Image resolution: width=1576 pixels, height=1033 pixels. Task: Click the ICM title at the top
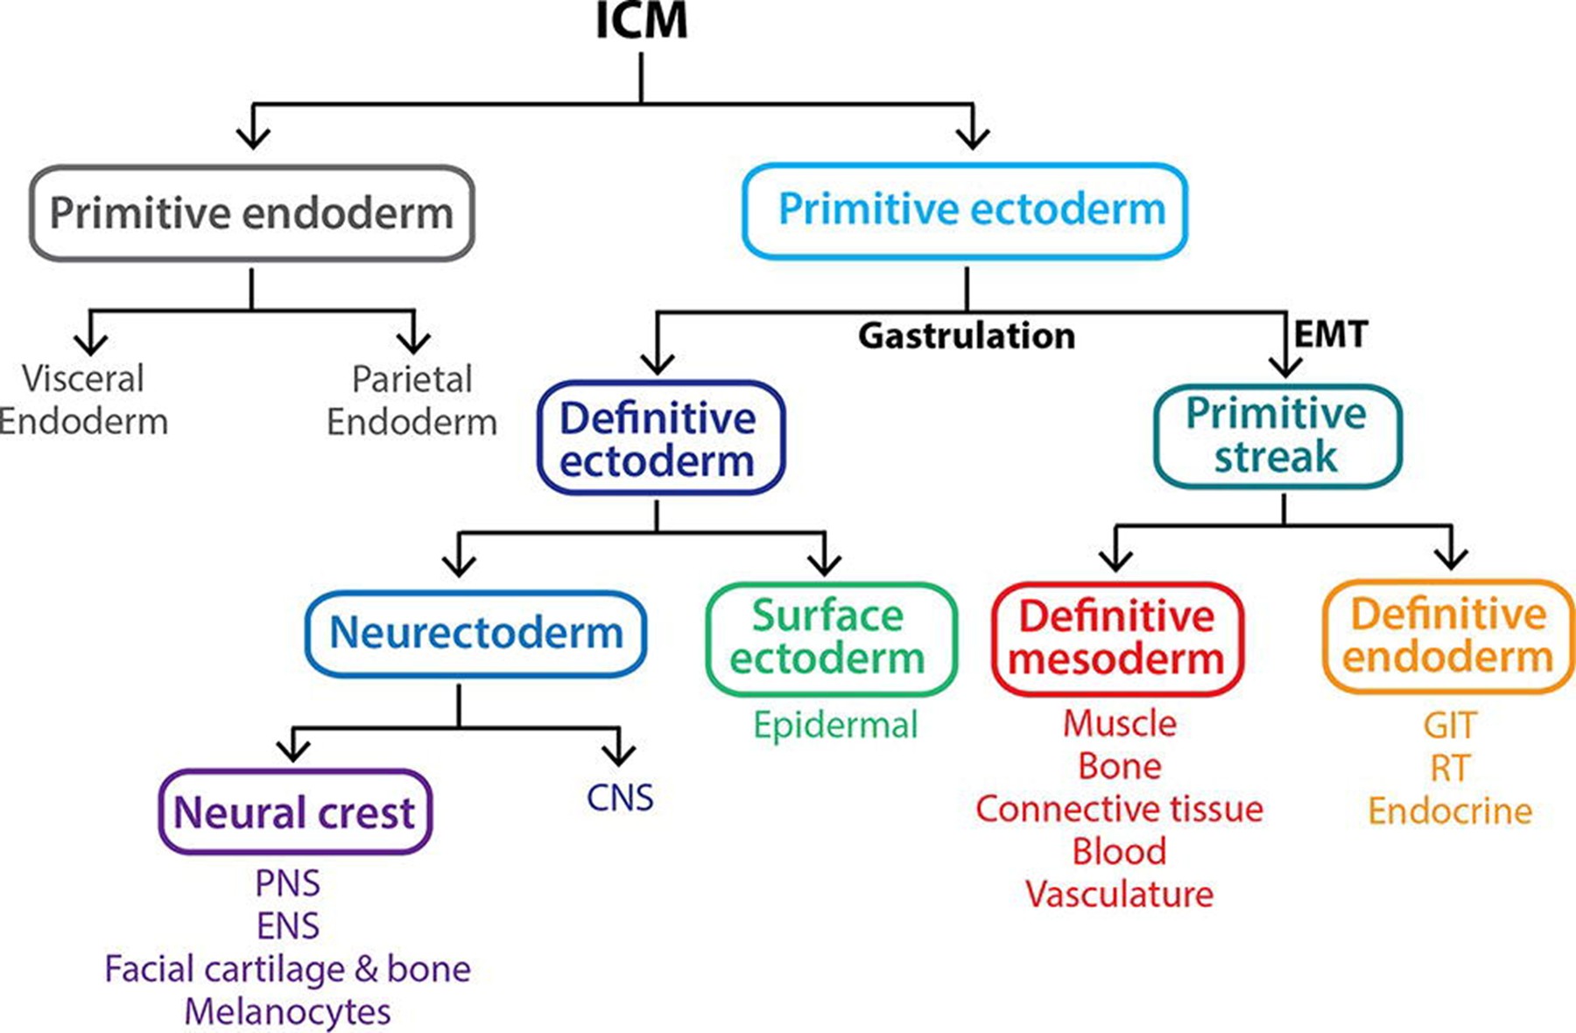coord(642,21)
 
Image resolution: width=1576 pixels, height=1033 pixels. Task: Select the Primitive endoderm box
coord(252,213)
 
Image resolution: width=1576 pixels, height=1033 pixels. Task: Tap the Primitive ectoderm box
coord(965,210)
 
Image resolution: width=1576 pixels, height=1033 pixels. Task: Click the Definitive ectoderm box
coord(661,438)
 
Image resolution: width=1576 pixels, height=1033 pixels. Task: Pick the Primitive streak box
coord(1277,435)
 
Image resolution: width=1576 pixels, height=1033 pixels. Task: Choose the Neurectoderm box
coord(475,633)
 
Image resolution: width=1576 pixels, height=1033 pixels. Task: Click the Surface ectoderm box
coord(831,638)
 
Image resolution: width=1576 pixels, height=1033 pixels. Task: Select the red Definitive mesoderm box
coord(1118,638)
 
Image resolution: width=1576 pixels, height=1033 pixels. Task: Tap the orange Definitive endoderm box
coord(1449,636)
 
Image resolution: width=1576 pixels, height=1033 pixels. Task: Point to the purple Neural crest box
coord(295,812)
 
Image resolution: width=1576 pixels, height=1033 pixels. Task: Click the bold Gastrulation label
coord(967,335)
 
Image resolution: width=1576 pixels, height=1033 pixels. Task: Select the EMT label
coord(1331,334)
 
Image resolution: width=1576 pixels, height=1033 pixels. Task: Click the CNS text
coord(620,798)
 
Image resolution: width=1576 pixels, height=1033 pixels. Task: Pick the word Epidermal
coord(835,725)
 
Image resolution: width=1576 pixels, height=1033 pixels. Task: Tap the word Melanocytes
coord(287,1011)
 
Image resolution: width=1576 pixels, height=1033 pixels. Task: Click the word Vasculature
coord(1120,894)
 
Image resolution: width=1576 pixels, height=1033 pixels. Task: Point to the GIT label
coord(1450,725)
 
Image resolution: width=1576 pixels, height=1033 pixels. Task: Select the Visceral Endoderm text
coord(83,400)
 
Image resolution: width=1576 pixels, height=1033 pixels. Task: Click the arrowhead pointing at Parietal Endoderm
coord(413,342)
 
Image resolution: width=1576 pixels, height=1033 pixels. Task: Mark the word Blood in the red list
coord(1120,851)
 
